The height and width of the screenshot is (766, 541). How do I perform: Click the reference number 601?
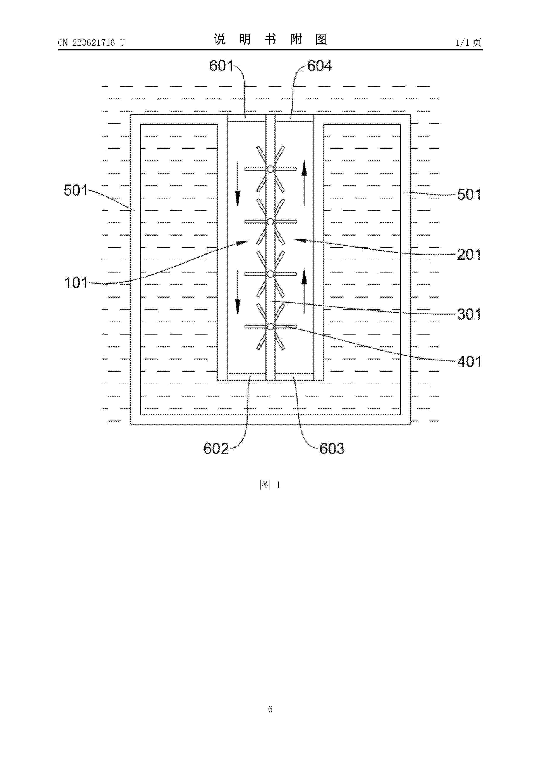click(221, 66)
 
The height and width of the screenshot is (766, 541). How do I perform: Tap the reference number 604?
click(319, 66)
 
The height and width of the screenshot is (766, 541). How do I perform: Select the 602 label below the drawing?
click(216, 449)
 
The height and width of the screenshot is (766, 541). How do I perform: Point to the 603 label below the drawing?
click(332, 449)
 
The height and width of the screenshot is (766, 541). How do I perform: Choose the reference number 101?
click(76, 283)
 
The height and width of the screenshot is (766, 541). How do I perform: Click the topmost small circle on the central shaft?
click(270, 169)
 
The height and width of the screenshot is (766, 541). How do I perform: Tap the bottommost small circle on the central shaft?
click(270, 326)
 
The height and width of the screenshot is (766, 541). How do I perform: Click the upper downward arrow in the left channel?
click(238, 183)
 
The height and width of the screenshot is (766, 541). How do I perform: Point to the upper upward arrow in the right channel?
click(304, 183)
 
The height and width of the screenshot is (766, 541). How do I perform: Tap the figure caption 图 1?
click(270, 485)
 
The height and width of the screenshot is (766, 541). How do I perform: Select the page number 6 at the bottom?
click(270, 709)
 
